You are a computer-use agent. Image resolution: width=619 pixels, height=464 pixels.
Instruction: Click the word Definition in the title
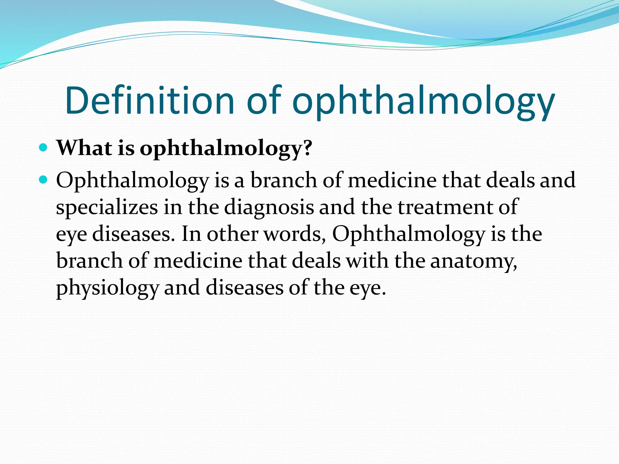150,101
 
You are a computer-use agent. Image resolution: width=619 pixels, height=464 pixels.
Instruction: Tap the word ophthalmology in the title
423,103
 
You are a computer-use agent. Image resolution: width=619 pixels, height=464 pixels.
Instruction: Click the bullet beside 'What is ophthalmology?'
44,148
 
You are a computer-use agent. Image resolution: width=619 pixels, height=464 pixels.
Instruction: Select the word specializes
107,208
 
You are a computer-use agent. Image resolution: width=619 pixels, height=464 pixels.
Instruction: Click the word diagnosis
269,208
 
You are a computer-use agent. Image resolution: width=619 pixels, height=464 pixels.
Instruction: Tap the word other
232,234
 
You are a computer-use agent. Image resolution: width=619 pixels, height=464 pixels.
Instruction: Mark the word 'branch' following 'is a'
284,180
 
